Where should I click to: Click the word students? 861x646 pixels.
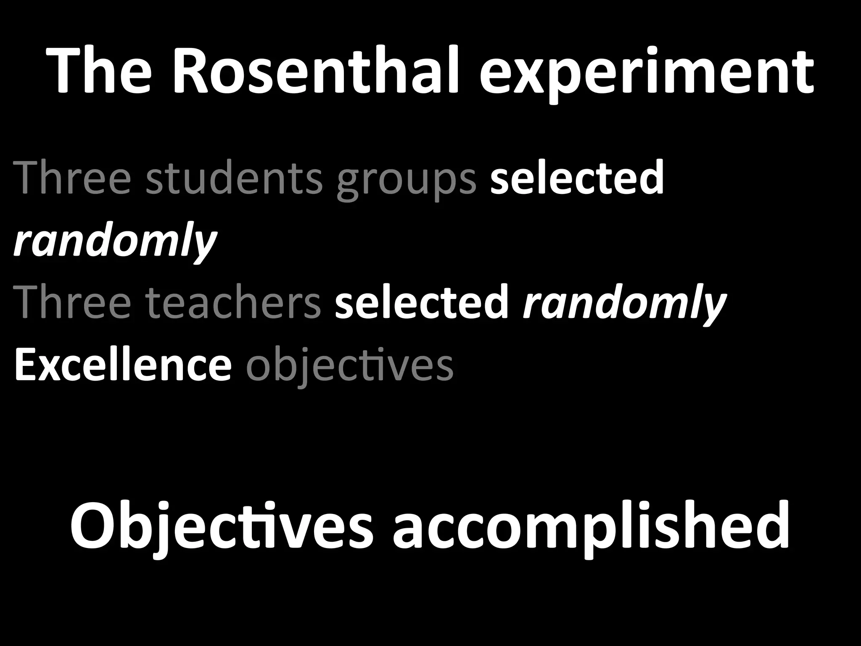coord(234,178)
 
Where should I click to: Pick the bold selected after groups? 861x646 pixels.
coord(577,178)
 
